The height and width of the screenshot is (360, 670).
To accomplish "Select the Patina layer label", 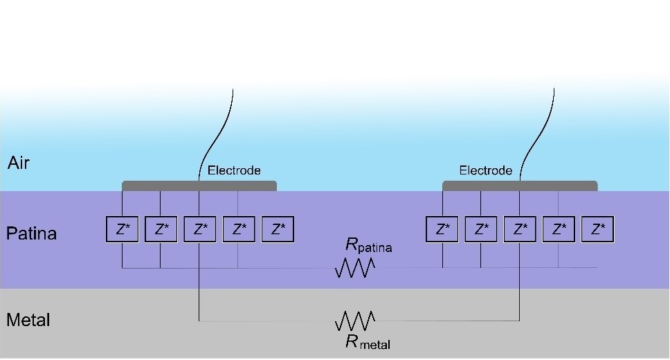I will [31, 233].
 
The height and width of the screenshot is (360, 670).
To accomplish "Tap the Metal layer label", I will [28, 321].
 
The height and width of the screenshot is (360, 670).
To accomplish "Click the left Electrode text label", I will [234, 170].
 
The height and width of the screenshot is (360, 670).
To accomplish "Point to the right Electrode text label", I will [486, 170].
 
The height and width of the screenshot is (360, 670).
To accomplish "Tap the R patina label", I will [368, 244].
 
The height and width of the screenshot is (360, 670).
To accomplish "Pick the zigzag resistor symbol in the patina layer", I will [355, 268].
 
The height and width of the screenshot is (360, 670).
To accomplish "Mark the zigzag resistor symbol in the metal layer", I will [355, 321].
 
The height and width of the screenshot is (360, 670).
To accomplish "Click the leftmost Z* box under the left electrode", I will [123, 229].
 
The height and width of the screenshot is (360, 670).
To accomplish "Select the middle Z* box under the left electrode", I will [200, 229].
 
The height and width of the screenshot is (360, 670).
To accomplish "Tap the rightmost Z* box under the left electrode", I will [278, 229].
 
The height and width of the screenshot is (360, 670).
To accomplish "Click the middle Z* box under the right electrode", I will [520, 229].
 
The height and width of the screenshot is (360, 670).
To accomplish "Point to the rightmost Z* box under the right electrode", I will [599, 229].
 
